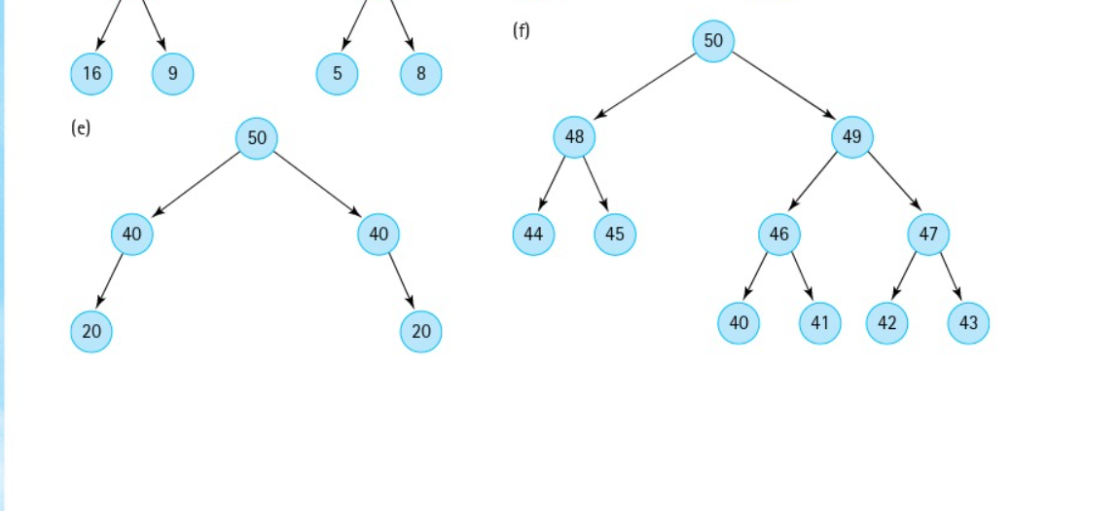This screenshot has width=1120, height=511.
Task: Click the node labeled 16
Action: click(x=91, y=74)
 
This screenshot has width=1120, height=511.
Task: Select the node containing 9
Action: click(x=173, y=74)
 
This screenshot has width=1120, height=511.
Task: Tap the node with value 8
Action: click(x=420, y=74)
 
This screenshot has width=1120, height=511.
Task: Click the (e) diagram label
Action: click(x=81, y=128)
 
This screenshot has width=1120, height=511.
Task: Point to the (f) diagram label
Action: click(x=522, y=30)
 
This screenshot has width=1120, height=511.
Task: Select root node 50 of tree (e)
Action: click(x=257, y=138)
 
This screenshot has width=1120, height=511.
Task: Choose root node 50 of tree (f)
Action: click(x=713, y=41)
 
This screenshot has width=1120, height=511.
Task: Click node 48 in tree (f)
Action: click(x=574, y=137)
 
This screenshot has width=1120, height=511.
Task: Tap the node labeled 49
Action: click(x=852, y=137)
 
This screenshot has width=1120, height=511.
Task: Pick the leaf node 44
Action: click(x=533, y=235)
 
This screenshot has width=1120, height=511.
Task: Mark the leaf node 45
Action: click(x=615, y=235)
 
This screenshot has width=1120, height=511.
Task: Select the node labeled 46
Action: click(x=779, y=235)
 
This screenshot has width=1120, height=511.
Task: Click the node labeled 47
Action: click(x=928, y=235)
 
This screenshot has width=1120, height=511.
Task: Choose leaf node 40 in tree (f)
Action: click(x=739, y=323)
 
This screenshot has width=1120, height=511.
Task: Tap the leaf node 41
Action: click(x=820, y=323)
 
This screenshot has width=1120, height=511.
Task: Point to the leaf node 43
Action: click(x=968, y=323)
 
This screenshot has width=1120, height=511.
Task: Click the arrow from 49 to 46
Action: click(x=813, y=182)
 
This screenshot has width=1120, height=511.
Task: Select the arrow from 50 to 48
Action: click(x=646, y=87)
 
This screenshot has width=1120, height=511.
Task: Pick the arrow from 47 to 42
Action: click(x=905, y=276)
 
